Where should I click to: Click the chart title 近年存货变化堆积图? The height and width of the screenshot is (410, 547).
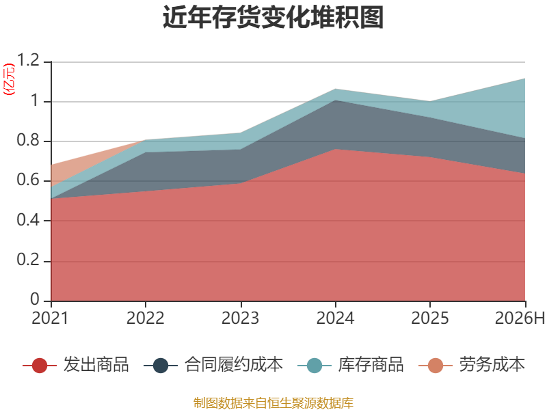click(273, 17)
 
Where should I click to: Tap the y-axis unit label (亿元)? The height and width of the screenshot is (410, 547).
click(9, 79)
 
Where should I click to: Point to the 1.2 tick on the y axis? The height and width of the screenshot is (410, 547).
click(28, 60)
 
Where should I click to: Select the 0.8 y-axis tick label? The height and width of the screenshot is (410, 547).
click(28, 140)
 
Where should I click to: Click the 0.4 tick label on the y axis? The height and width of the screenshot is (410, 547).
click(28, 219)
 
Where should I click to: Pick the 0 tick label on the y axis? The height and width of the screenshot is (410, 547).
click(35, 299)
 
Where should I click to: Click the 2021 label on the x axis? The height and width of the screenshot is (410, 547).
click(50, 318)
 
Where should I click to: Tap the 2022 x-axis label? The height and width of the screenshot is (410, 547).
click(145, 318)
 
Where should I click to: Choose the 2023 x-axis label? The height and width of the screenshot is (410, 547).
click(241, 318)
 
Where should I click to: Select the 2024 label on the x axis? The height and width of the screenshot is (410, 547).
click(335, 318)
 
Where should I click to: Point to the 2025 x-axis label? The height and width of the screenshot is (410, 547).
click(430, 318)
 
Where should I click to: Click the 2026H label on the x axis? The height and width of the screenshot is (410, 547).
click(520, 318)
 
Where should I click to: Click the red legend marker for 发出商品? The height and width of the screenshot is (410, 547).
click(40, 366)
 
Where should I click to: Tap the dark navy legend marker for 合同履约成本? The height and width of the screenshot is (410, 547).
click(161, 366)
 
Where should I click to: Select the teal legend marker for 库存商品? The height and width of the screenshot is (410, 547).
click(315, 366)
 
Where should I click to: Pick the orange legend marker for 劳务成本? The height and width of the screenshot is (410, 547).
click(436, 366)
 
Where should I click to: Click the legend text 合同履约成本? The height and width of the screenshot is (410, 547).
click(233, 364)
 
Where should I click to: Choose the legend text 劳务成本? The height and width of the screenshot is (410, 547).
click(492, 364)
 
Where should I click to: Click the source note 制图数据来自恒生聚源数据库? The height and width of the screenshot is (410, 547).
click(273, 403)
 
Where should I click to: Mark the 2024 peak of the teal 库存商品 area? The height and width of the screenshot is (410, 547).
click(335, 89)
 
